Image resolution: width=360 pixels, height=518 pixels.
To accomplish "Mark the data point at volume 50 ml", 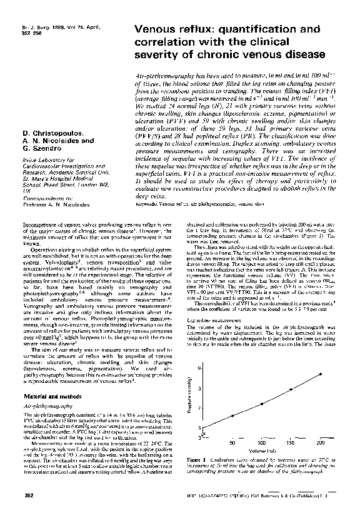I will pos(232,415).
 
